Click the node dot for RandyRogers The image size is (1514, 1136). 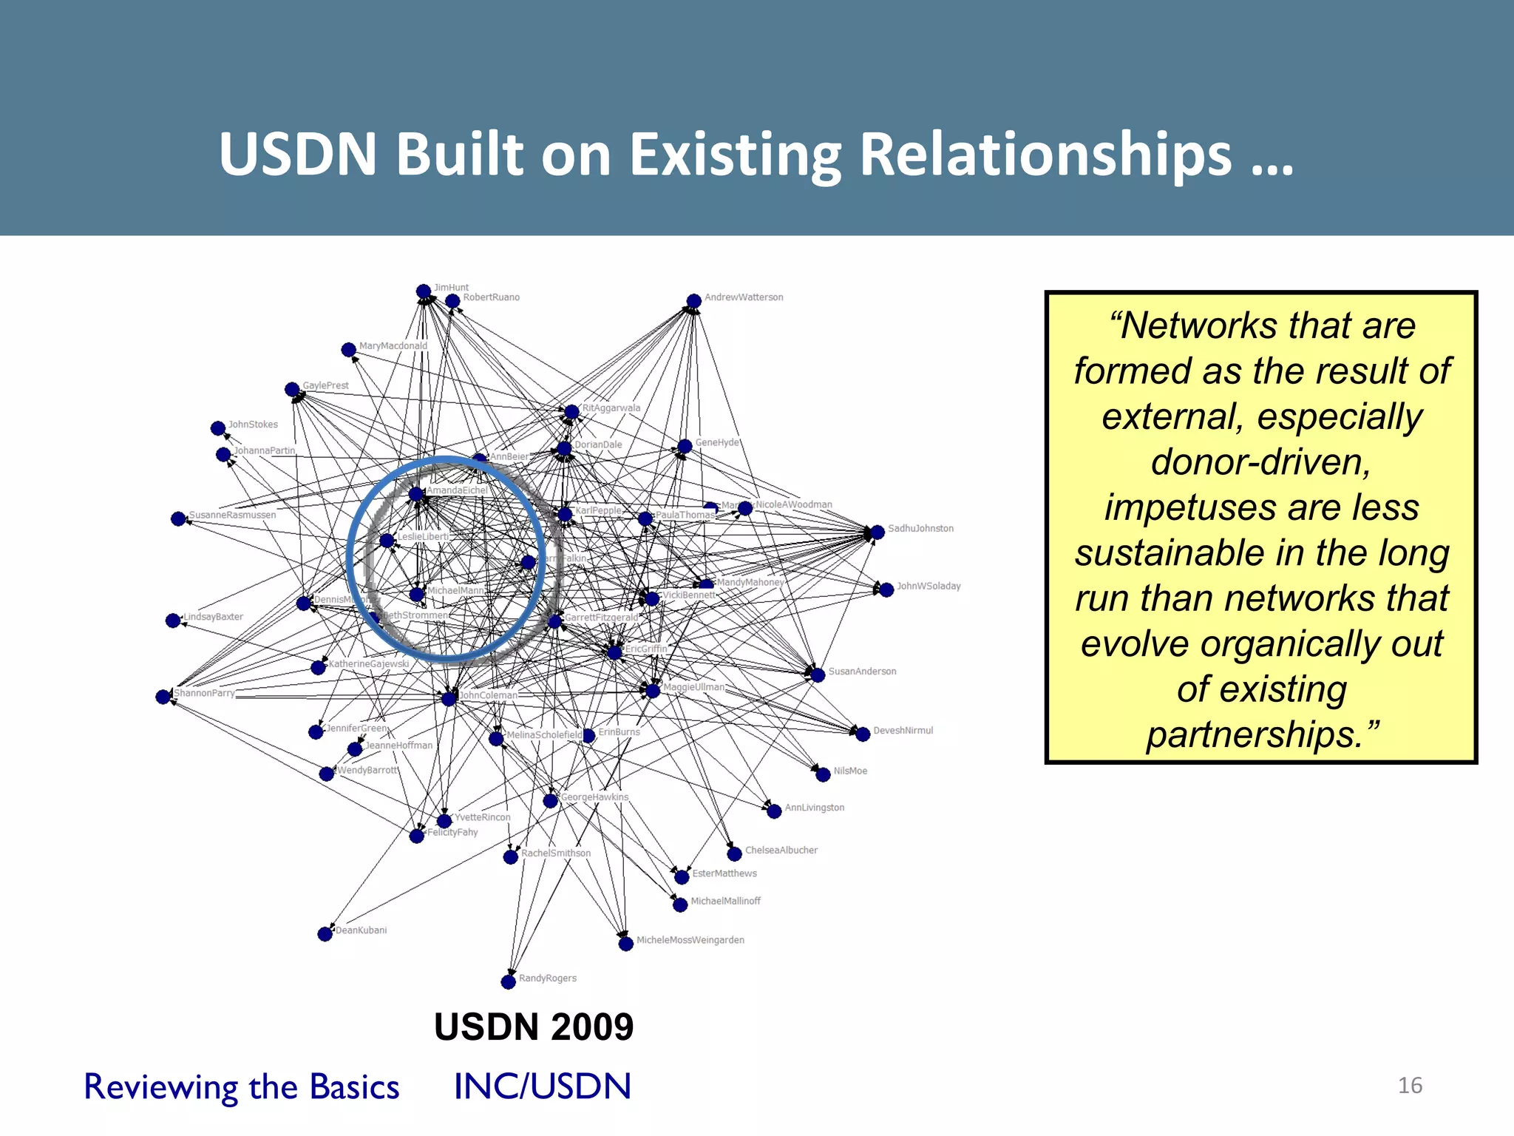point(508,982)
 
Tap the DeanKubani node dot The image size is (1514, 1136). point(325,934)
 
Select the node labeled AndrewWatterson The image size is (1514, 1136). point(693,301)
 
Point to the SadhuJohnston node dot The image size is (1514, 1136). point(877,532)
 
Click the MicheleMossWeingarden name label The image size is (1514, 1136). point(690,940)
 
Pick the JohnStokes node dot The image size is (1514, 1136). point(218,428)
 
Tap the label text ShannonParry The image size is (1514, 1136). point(204,693)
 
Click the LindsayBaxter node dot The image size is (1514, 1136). point(173,621)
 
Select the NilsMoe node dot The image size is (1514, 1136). point(823,774)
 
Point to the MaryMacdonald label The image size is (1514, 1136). point(393,345)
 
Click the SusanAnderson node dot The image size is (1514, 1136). point(818,674)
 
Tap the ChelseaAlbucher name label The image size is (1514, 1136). point(781,850)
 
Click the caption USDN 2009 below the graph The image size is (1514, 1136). point(534,1027)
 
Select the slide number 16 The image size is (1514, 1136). point(1410,1085)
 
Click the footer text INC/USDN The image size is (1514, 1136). point(542,1086)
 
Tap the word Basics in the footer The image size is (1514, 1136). point(354,1086)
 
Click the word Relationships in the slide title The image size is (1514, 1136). point(1045,155)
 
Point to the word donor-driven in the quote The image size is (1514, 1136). point(1260,461)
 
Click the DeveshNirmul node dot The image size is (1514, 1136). point(863,734)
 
